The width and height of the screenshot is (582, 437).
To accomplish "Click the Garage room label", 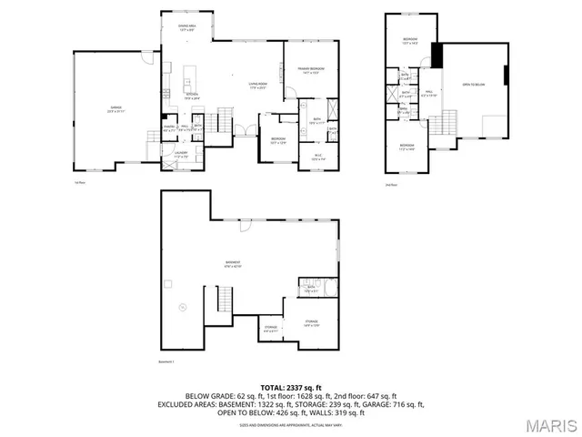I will (x=116, y=108).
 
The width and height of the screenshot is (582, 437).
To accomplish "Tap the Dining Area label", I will (x=187, y=28).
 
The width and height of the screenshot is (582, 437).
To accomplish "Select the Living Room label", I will (x=244, y=86).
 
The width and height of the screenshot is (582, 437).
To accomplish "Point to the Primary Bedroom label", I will (x=311, y=70).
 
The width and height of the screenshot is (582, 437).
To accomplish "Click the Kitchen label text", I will (x=193, y=96).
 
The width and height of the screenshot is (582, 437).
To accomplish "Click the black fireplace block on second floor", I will (x=436, y=56).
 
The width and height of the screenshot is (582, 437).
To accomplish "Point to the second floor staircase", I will (x=447, y=121).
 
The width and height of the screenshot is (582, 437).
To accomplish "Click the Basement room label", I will (x=234, y=265).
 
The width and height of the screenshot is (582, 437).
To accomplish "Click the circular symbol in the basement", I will (x=182, y=307).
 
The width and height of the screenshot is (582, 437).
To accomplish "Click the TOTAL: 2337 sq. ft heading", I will (x=291, y=388).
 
